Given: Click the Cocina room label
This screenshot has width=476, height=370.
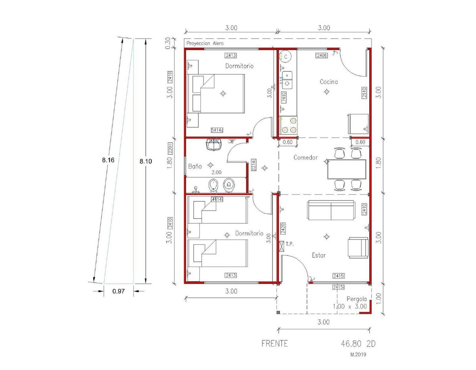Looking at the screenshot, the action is pyautogui.click(x=328, y=82).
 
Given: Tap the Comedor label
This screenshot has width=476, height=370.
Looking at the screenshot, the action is pyautogui.click(x=305, y=157).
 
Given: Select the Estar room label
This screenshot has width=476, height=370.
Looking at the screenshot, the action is pyautogui.click(x=319, y=255).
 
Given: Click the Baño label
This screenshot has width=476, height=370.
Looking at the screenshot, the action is pyautogui.click(x=195, y=166).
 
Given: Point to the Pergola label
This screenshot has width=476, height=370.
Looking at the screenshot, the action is pyautogui.click(x=357, y=299).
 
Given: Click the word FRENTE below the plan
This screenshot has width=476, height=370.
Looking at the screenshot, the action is pyautogui.click(x=274, y=343).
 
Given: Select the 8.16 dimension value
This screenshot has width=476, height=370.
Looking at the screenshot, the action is pyautogui.click(x=108, y=160).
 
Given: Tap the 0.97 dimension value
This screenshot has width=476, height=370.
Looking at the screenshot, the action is pyautogui.click(x=119, y=291).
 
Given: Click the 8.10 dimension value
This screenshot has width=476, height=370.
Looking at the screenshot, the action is pyautogui.click(x=146, y=161).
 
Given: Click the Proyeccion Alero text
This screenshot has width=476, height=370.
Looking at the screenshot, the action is pyautogui.click(x=205, y=43).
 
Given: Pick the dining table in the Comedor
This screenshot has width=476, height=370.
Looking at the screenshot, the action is pyautogui.click(x=347, y=169).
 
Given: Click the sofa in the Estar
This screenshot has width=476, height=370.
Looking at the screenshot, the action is pyautogui.click(x=331, y=210).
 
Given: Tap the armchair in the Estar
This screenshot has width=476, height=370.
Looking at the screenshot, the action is pyautogui.click(x=358, y=247).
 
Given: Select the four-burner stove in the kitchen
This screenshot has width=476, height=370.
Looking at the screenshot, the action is pyautogui.click(x=289, y=125).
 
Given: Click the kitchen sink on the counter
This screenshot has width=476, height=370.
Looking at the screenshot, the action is pyautogui.click(x=287, y=80).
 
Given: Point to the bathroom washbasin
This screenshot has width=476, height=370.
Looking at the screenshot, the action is pyautogui.click(x=213, y=144).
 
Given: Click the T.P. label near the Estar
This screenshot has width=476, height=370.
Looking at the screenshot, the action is pyautogui.click(x=290, y=244).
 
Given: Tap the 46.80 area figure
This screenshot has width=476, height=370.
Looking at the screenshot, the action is pyautogui.click(x=349, y=344).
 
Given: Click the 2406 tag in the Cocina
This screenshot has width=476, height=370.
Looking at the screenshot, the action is pyautogui.click(x=322, y=56).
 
